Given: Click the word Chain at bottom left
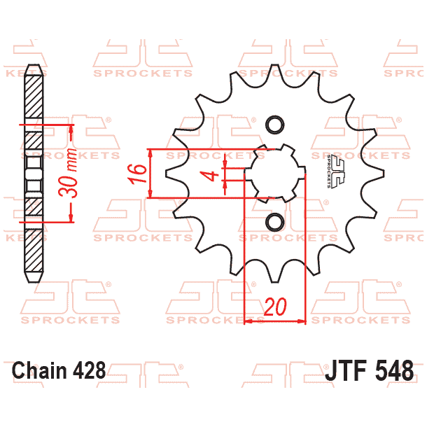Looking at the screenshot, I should [41, 370].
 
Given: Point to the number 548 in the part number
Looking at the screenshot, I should [395, 370].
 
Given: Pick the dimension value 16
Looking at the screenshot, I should [141, 174].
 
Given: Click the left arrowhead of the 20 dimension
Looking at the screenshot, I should [247, 322].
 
